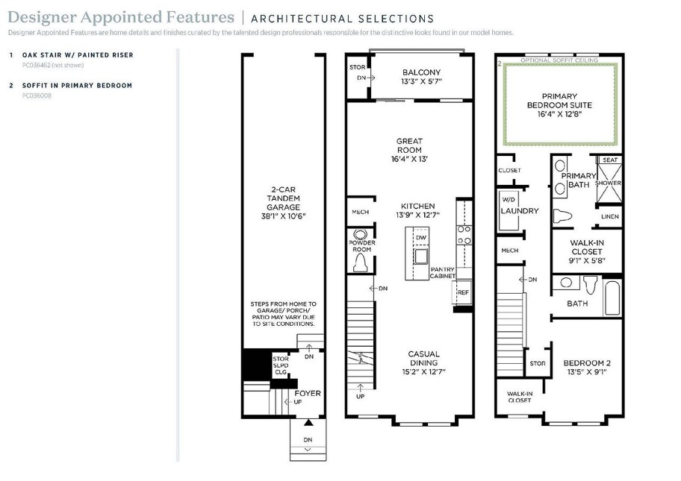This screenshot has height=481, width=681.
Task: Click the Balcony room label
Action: tap(421, 72)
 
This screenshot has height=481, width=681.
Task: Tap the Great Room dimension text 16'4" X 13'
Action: tap(409, 159)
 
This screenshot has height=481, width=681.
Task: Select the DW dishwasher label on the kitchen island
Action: tap(421, 238)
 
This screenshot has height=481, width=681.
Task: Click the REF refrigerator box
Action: tap(462, 293)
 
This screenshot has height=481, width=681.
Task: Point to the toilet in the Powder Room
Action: tap(360, 262)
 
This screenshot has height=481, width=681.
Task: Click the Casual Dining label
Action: tap(424, 358)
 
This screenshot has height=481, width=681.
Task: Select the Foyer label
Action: tap(308, 394)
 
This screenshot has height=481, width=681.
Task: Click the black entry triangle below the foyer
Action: tap(308, 422)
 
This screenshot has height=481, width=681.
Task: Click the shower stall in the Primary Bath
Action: tap(609, 183)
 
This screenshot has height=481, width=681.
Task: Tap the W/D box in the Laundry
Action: tap(509, 210)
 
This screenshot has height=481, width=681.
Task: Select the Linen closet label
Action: tap(610, 216)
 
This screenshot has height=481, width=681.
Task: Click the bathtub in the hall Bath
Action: tap(612, 298)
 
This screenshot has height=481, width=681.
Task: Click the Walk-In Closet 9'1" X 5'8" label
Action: tap(587, 251)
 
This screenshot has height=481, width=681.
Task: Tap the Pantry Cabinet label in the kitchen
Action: tap(443, 273)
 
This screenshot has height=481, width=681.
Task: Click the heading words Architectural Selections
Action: tap(343, 19)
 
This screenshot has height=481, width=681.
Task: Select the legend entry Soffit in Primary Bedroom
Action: tap(78, 86)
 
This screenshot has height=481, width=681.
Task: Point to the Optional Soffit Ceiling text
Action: tap(559, 60)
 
